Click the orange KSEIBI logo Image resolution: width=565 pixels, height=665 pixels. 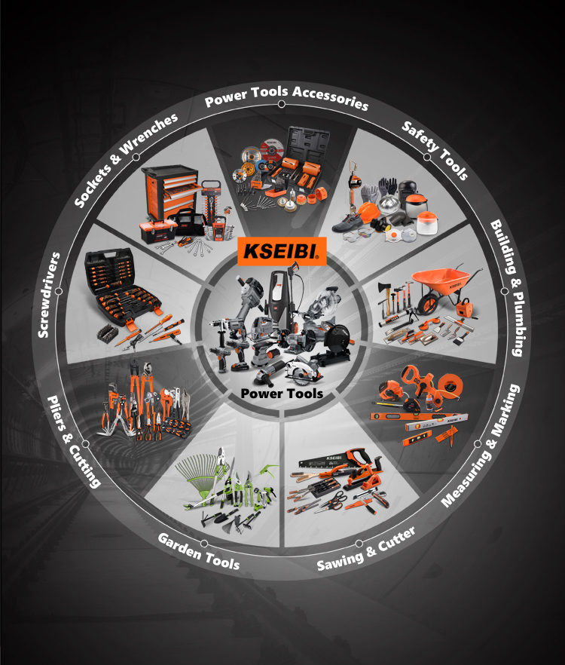pos(282,251)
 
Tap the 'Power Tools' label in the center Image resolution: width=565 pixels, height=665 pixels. pos(282,394)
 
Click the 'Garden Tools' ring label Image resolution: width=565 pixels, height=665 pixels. pos(198,551)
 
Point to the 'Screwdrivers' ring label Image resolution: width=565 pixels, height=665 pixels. pos(49,295)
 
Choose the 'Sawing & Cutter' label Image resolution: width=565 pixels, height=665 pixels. pos(366,549)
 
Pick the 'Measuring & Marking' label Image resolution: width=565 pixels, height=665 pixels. pos(481,446)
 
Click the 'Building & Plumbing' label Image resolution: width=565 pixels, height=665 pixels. pos(508,287)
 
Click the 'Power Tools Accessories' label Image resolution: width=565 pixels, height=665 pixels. pos(286,97)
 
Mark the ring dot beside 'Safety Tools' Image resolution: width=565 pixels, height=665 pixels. pos(427,157)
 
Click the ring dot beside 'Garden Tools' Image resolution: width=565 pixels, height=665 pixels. pos(204,544)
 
